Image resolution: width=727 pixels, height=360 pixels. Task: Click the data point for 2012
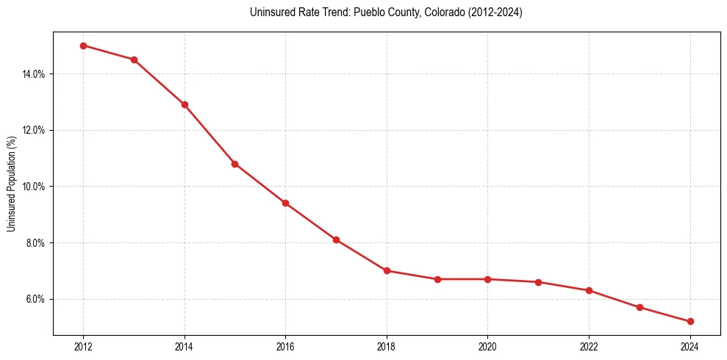tap(83, 46)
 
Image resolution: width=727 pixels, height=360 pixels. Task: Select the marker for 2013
tap(134, 60)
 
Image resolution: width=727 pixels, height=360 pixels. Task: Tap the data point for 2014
tap(185, 104)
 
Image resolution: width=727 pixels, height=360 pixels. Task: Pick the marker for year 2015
tap(234, 164)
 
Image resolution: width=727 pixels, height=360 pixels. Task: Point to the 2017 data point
tap(336, 240)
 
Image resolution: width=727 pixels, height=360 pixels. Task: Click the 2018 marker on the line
tap(387, 270)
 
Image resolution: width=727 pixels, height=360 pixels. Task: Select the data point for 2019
tap(437, 279)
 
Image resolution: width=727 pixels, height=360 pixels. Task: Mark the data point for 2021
tap(538, 282)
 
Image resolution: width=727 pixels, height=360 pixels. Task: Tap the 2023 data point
tap(640, 307)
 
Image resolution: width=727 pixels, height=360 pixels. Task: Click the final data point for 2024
tap(690, 321)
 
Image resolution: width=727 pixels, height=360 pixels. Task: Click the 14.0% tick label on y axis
tap(35, 74)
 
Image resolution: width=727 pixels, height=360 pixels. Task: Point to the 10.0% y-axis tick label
tap(35, 187)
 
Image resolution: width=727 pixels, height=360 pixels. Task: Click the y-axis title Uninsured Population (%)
tap(12, 184)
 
